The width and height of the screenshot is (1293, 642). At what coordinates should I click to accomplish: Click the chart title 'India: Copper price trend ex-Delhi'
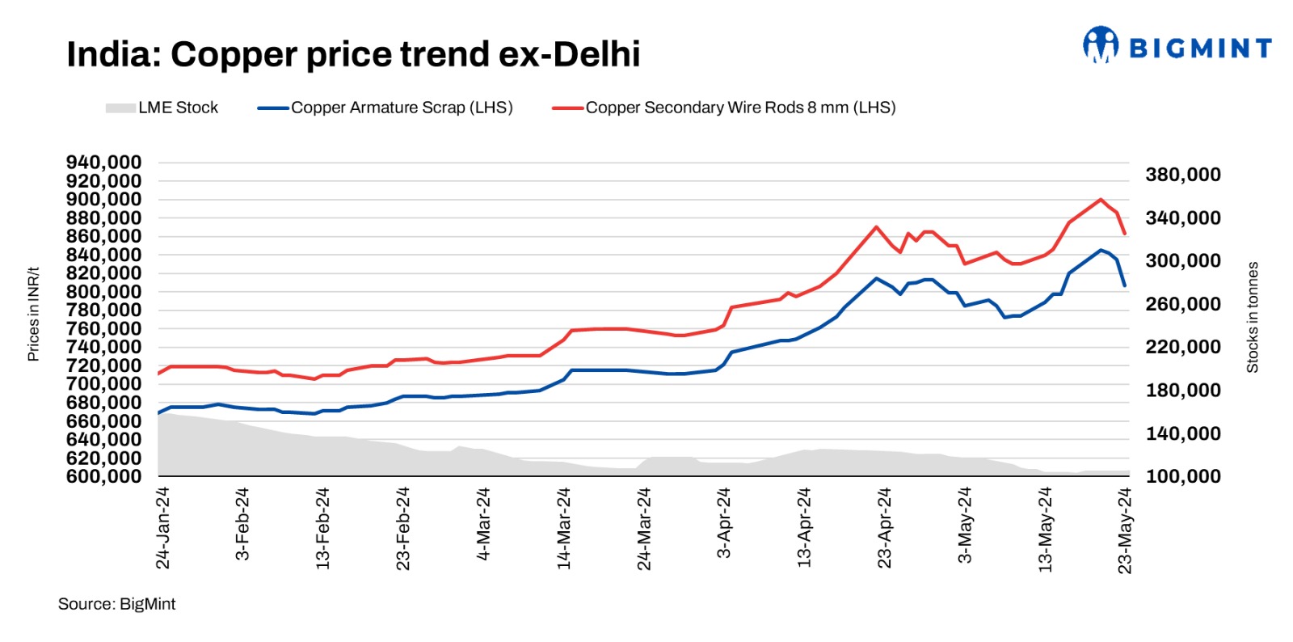pyautogui.click(x=353, y=55)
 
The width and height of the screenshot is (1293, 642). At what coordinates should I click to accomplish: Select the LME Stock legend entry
pyautogui.click(x=162, y=108)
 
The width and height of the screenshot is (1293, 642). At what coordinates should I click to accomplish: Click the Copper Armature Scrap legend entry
pyautogui.click(x=385, y=108)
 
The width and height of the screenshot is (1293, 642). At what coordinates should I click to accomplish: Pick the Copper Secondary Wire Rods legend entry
pyautogui.click(x=724, y=108)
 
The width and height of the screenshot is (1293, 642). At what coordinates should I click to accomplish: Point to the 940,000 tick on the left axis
pyautogui.click(x=103, y=163)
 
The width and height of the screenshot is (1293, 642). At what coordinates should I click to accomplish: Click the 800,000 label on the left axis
pyautogui.click(x=103, y=292)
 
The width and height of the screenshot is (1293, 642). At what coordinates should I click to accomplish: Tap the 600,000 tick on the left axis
pyautogui.click(x=103, y=476)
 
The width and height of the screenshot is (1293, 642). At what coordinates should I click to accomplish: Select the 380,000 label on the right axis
pyautogui.click(x=1183, y=175)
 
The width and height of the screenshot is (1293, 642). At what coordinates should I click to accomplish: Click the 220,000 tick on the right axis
pyautogui.click(x=1183, y=347)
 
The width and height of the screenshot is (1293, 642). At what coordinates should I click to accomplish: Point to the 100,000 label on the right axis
pyautogui.click(x=1183, y=476)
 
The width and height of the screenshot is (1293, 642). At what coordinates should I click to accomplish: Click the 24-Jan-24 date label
pyautogui.click(x=162, y=528)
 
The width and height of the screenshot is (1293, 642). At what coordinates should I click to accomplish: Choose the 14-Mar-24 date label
pyautogui.click(x=564, y=528)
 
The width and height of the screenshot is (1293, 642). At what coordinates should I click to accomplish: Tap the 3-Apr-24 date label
pyautogui.click(x=724, y=522)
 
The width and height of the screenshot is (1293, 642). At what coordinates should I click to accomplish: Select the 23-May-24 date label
pyautogui.click(x=1125, y=530)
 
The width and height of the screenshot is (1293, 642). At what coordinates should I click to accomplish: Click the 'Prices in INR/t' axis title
pyautogui.click(x=33, y=314)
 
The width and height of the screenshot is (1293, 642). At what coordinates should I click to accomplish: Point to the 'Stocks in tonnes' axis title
pyautogui.click(x=1253, y=317)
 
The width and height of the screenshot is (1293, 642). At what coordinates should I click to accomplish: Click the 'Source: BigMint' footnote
pyautogui.click(x=116, y=604)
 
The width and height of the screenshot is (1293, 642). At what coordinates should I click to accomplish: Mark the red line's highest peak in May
pyautogui.click(x=1101, y=199)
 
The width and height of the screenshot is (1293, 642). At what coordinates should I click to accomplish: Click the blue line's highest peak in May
pyautogui.click(x=1101, y=250)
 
